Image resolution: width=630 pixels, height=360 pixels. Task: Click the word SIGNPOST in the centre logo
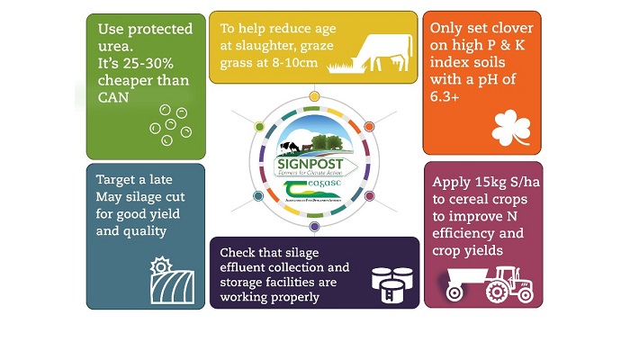point(310,166)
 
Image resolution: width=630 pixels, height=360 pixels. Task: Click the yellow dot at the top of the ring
point(313,96)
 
